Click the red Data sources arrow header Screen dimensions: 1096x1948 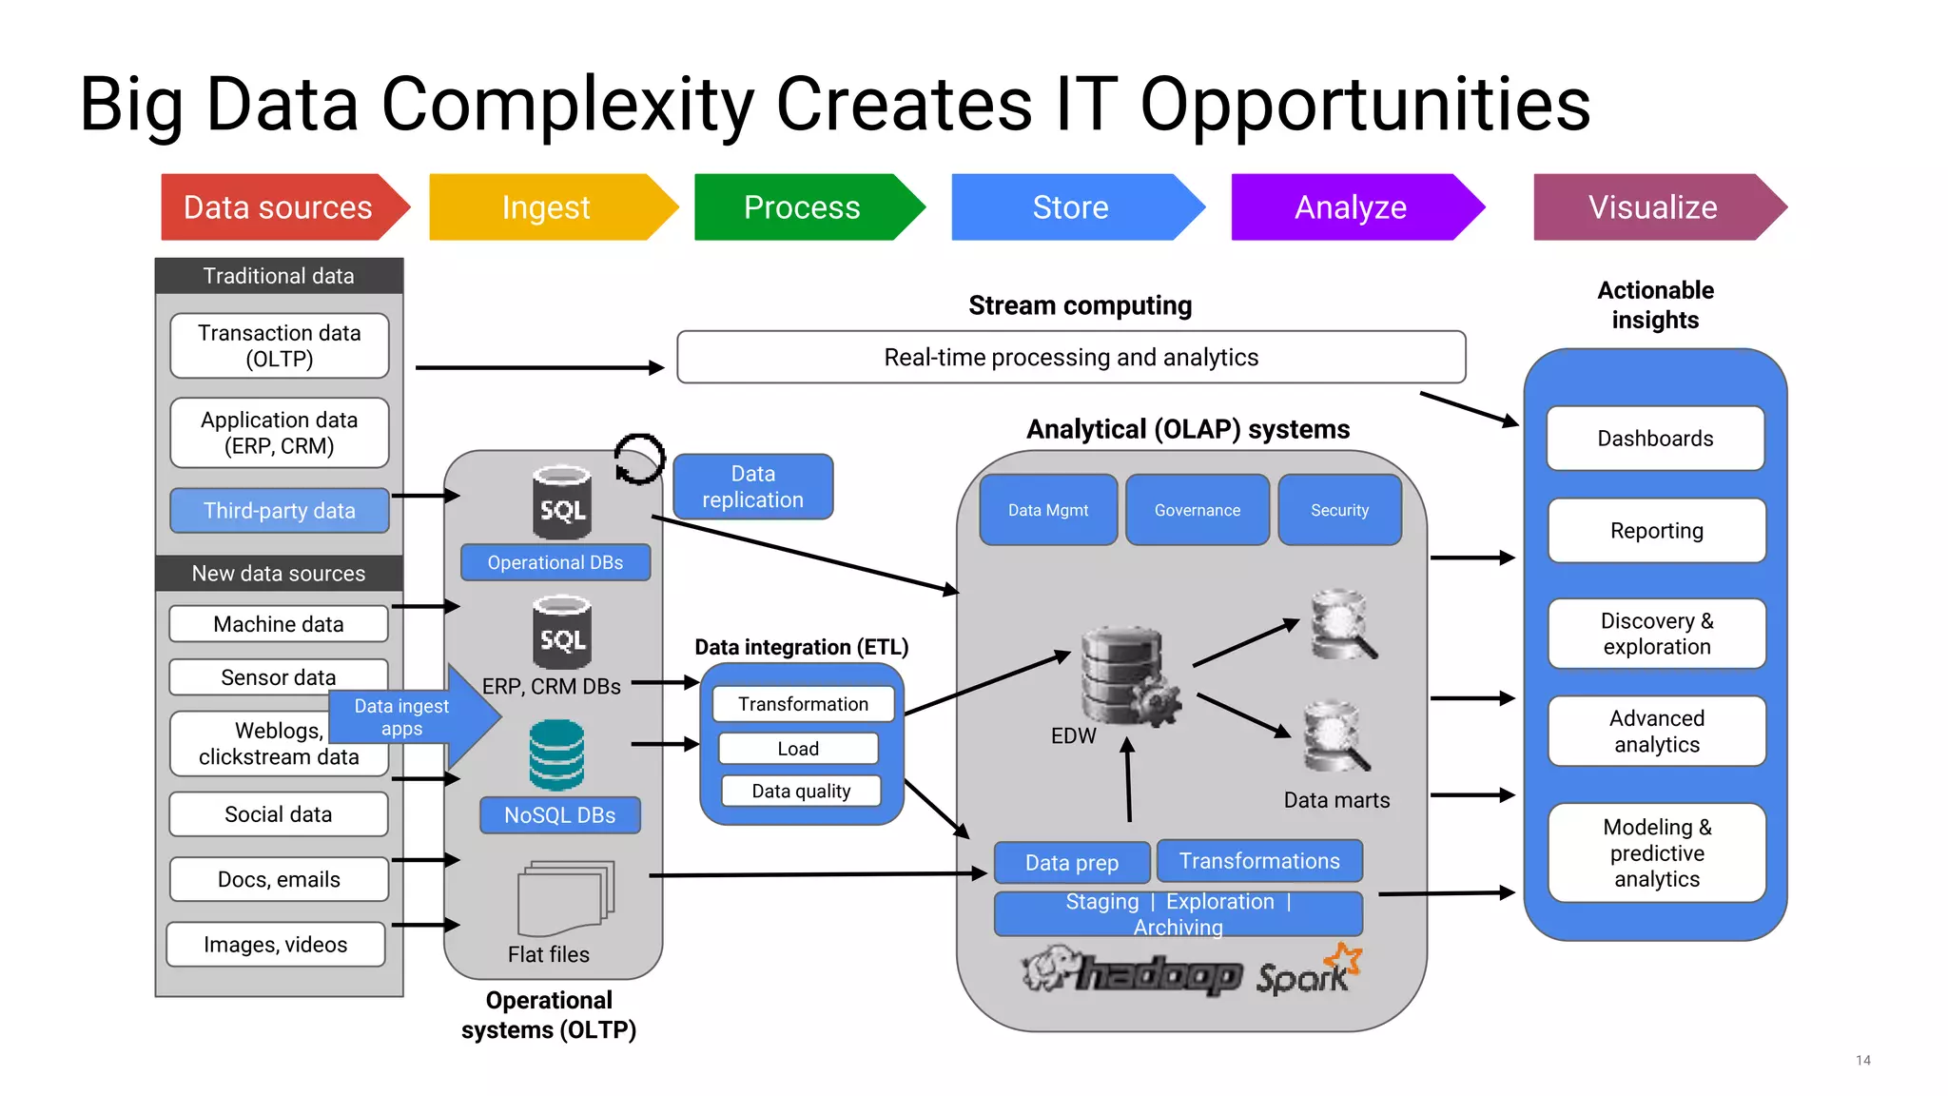278,207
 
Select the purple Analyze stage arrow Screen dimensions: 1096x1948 1351,207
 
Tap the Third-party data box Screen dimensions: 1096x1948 279,511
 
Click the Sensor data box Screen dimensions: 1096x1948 278,677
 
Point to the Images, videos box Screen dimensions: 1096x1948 276,945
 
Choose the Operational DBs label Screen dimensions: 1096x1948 555,562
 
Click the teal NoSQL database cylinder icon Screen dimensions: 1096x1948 556,755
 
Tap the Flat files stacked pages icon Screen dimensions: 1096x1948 566,898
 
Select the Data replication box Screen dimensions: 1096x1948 752,487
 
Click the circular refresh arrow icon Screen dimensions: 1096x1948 639,460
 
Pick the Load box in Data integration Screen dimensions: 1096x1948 798,749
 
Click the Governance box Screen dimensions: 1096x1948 1197,511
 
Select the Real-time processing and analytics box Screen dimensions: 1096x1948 1071,358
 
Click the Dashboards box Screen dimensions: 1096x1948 1655,439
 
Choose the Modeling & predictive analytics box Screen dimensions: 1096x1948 1656,853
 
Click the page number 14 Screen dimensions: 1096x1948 1862,1060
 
